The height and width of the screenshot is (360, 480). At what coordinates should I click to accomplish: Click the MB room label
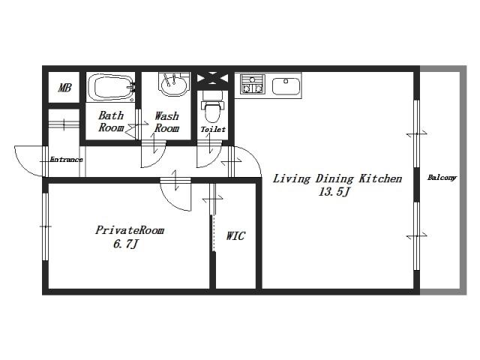(x=64, y=88)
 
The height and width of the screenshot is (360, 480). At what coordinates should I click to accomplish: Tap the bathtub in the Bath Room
(x=111, y=88)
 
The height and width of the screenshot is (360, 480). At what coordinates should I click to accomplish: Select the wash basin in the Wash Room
(x=173, y=84)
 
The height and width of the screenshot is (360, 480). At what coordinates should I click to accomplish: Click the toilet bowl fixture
(x=212, y=110)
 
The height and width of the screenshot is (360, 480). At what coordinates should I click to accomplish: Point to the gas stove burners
(x=252, y=84)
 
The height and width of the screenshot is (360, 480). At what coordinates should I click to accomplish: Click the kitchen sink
(x=286, y=86)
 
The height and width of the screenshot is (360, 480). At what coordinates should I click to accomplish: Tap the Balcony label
(x=442, y=178)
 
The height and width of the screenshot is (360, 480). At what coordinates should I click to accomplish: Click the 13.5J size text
(x=334, y=192)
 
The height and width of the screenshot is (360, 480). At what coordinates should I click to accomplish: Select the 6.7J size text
(x=126, y=244)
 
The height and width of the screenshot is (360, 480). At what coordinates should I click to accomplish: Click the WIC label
(x=235, y=235)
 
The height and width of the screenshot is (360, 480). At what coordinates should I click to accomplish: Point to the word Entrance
(x=67, y=160)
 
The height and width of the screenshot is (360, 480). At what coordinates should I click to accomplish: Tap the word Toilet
(x=213, y=130)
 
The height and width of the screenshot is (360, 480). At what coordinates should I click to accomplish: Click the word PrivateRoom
(x=130, y=230)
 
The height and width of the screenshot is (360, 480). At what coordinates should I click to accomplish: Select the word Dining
(x=334, y=178)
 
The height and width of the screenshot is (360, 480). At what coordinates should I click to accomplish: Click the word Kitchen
(x=380, y=178)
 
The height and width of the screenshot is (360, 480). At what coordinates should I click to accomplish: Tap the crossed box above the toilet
(x=212, y=78)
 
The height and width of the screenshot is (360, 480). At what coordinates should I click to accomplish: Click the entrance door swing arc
(x=23, y=166)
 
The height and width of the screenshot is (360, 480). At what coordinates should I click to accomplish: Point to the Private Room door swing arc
(x=172, y=202)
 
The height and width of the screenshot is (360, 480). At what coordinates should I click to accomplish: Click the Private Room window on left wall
(x=45, y=226)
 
